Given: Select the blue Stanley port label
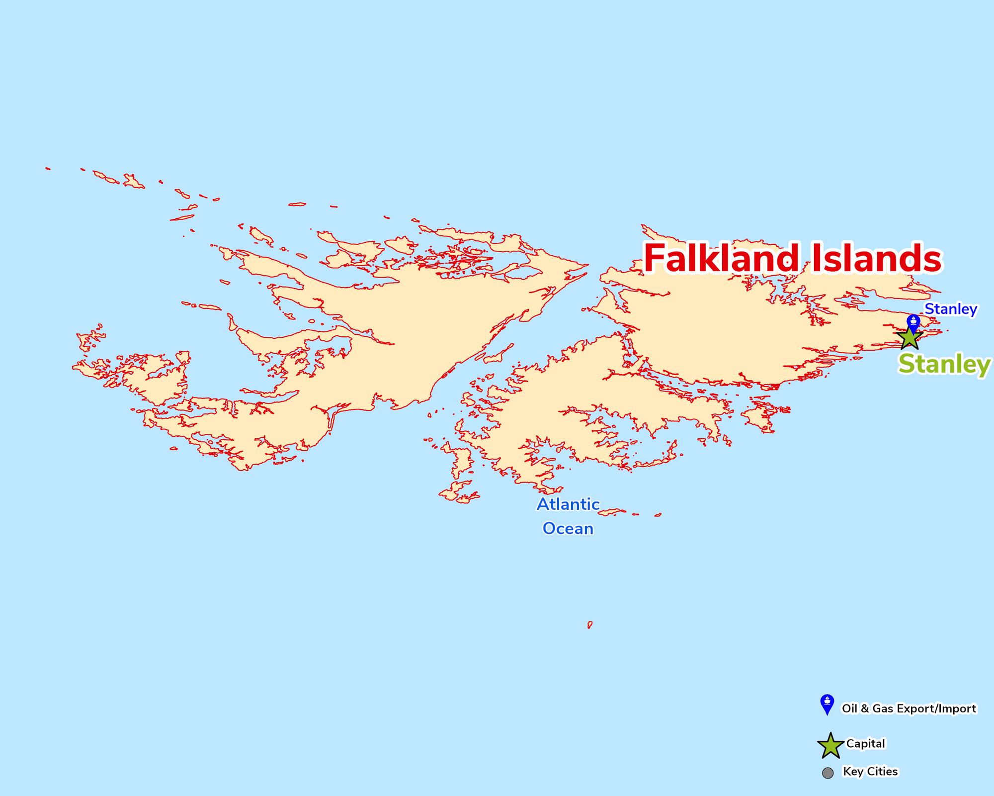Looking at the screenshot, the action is [x=950, y=309].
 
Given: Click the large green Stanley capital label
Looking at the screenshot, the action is [x=944, y=364].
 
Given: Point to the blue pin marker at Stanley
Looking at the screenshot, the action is [x=913, y=322].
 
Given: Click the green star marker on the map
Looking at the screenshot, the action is [x=910, y=338].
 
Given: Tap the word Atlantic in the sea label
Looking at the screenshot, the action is [x=568, y=504].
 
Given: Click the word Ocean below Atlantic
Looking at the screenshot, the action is [x=568, y=528].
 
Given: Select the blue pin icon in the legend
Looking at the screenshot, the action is [x=827, y=703].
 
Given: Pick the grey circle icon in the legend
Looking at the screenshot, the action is [x=828, y=773].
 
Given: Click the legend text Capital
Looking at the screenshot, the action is [x=865, y=744].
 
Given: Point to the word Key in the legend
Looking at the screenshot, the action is [x=852, y=772].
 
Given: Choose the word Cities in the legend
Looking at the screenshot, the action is [x=881, y=772].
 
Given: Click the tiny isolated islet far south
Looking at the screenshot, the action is [x=589, y=624].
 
